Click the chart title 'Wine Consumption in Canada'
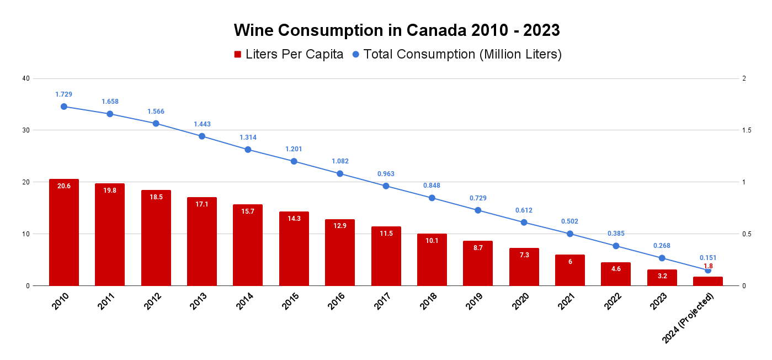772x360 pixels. pyautogui.click(x=397, y=30)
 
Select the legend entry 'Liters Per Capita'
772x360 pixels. pyautogui.click(x=289, y=54)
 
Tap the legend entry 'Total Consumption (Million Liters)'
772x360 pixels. pyautogui.click(x=456, y=54)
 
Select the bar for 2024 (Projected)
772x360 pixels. pyautogui.click(x=708, y=281)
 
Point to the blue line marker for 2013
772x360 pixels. pyautogui.click(x=202, y=136)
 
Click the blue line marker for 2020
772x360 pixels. pyautogui.click(x=524, y=223)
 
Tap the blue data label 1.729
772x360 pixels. pyautogui.click(x=64, y=94)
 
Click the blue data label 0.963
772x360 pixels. pyautogui.click(x=386, y=174)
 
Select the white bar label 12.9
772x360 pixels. pyautogui.click(x=340, y=225)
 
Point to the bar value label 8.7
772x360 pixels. pyautogui.click(x=478, y=247)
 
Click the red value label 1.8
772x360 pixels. pyautogui.click(x=708, y=266)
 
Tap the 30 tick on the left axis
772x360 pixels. pyautogui.click(x=25, y=130)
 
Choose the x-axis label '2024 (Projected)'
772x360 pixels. pyautogui.click(x=689, y=318)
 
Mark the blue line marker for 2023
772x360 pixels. pyautogui.click(x=662, y=258)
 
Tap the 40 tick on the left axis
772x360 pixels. pyautogui.click(x=25, y=78)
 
